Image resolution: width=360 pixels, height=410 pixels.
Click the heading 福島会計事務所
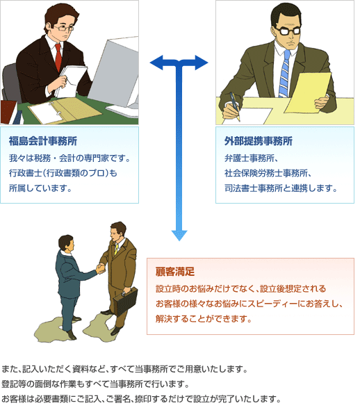pos(43,141)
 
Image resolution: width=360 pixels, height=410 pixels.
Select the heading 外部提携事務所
pos(259,141)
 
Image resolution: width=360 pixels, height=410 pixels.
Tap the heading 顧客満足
pos(175,272)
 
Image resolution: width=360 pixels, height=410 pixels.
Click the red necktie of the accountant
pos(58,57)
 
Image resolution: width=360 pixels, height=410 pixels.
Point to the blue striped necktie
pos(284,74)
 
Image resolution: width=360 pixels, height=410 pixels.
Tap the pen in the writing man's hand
pos(234,106)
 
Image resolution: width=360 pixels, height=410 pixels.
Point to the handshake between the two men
pos(100,268)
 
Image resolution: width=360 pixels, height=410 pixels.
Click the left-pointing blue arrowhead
pos(156,63)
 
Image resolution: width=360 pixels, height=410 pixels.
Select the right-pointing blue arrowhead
pos(202,63)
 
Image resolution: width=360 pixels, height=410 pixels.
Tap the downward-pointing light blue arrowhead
pos(179,236)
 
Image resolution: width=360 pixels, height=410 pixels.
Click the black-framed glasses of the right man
pos(288,31)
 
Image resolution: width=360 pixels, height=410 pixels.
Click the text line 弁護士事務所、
pos(251,158)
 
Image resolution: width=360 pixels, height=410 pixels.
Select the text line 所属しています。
pos(40,188)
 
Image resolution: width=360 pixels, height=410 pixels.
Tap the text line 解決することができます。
pos(204,318)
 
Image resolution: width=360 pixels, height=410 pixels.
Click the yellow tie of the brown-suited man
pos(116,249)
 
